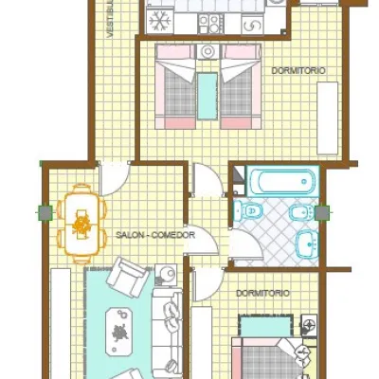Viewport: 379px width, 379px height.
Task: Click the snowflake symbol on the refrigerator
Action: pyautogui.click(x=160, y=22)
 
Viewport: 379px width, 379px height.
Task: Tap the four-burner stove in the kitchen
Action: pyautogui.click(x=210, y=24)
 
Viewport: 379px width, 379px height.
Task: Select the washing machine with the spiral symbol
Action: pyautogui.click(x=253, y=24)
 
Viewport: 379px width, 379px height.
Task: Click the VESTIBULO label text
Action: pyautogui.click(x=110, y=19)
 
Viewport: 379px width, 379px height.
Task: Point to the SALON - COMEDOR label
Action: pyautogui.click(x=155, y=235)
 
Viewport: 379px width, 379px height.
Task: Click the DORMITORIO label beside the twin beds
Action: pyautogui.click(x=298, y=71)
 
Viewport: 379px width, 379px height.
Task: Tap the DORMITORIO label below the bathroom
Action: pyautogui.click(x=262, y=294)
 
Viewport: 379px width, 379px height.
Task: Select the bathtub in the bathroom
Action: pyautogui.click(x=282, y=181)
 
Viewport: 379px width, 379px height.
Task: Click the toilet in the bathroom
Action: pyautogui.click(x=248, y=210)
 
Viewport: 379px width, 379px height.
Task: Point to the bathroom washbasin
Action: pyautogui.click(x=307, y=244)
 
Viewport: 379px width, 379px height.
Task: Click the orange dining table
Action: pyautogui.click(x=81, y=224)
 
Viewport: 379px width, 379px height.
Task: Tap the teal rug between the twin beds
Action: pyautogui.click(x=208, y=96)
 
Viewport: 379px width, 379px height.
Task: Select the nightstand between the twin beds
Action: pyautogui.click(x=208, y=51)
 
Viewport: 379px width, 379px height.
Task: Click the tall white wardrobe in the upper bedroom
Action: pyautogui.click(x=328, y=118)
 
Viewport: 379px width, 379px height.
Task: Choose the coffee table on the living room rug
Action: pyautogui.click(x=118, y=332)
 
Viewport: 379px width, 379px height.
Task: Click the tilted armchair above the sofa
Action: pyautogui.click(x=128, y=277)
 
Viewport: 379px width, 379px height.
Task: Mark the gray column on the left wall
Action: pyautogui.click(x=45, y=213)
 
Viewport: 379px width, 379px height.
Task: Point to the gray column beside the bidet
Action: pyautogui.click(x=322, y=213)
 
